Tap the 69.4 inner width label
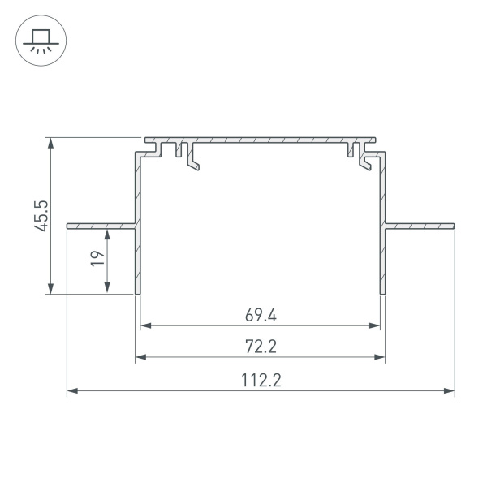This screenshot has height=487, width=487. [x=260, y=314]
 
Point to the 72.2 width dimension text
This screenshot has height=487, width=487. [x=260, y=347]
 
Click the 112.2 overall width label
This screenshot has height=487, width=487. [x=260, y=380]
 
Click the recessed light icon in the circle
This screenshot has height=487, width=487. [x=38, y=40]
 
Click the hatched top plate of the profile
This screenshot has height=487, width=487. [x=260, y=140]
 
